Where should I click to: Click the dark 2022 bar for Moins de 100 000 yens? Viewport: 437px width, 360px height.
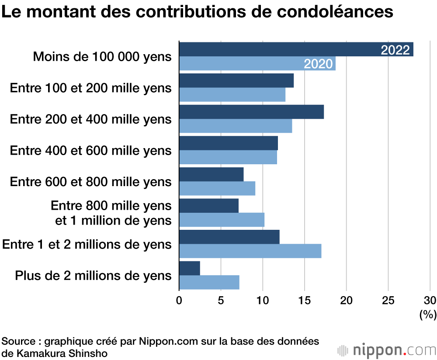(280, 50)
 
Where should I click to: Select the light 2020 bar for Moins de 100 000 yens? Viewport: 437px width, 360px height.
(240, 64)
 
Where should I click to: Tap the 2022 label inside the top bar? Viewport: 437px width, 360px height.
(395, 50)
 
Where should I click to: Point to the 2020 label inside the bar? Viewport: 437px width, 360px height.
(318, 64)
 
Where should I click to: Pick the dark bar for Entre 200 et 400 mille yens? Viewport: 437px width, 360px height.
(251, 112)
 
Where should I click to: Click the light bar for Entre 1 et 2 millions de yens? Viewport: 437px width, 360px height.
(250, 251)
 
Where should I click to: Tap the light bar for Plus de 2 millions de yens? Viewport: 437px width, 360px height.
(209, 282)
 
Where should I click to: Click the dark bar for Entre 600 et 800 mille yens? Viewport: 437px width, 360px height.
(212, 175)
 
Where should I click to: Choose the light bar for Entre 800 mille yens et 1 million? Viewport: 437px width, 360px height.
(222, 220)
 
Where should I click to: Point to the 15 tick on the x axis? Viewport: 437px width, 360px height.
(304, 301)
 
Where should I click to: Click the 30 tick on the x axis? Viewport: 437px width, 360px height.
(430, 301)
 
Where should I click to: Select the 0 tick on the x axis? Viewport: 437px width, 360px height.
(179, 301)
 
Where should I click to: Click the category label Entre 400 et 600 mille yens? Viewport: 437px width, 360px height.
(90, 151)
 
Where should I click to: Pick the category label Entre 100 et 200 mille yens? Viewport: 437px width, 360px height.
(90, 88)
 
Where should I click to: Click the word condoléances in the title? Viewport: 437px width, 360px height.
(334, 12)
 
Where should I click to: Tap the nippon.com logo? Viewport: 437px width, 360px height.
(387, 350)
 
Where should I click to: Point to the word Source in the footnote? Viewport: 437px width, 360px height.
(18, 341)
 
